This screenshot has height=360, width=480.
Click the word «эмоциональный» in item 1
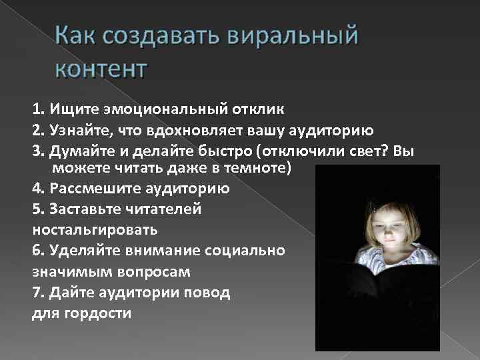154,107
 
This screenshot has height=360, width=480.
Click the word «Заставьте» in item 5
83,209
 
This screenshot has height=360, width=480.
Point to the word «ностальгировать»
95,230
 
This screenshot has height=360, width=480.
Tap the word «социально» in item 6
251,251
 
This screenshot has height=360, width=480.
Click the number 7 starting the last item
36,293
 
